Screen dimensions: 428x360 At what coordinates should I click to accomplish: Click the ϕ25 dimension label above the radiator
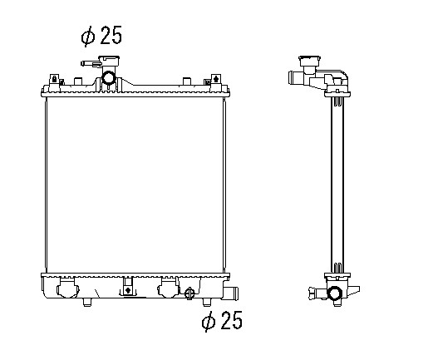[101, 36]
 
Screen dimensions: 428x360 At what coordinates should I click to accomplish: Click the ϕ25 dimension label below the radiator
[222, 321]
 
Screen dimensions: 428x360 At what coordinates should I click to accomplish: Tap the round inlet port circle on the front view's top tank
[108, 78]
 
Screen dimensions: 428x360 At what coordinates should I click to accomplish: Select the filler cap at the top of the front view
[109, 61]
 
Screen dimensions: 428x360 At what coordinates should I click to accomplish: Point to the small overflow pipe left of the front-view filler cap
[90, 64]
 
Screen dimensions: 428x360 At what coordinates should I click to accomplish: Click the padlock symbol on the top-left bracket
[55, 79]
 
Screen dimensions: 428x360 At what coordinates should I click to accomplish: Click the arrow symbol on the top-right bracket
[215, 79]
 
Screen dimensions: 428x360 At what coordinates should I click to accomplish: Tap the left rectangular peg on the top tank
[78, 81]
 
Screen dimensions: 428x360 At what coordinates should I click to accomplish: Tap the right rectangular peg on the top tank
[187, 81]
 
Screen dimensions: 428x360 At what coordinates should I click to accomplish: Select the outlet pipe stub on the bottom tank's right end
[231, 292]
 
